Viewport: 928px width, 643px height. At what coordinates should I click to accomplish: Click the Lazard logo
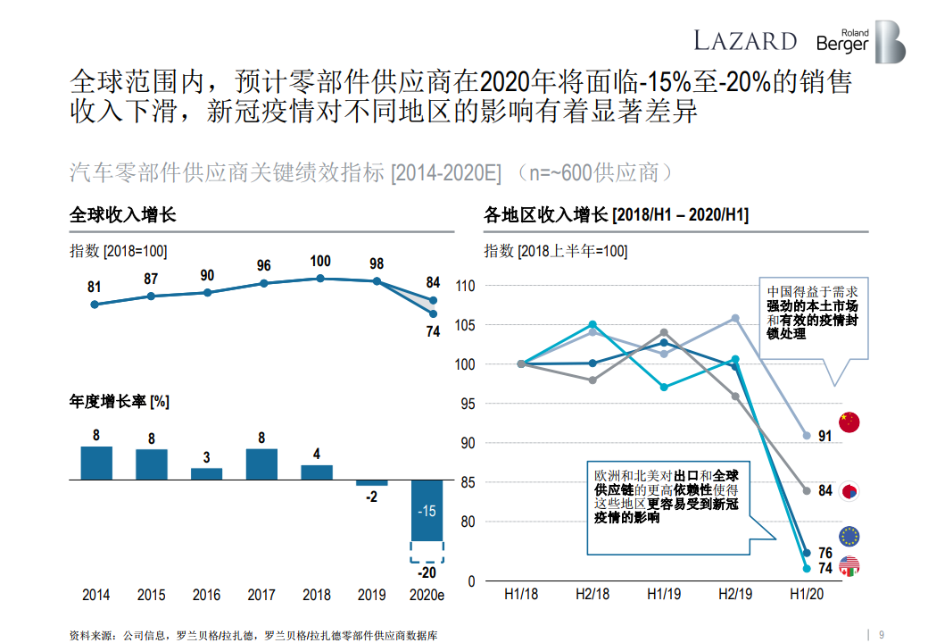[x=745, y=40]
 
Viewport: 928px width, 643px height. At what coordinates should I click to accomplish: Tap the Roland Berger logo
[x=861, y=42]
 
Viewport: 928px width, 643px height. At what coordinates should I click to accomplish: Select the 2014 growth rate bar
[x=96, y=463]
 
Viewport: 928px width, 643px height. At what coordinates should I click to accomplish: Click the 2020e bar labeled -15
[x=427, y=511]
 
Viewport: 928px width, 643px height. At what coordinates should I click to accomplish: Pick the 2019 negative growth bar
[x=372, y=483]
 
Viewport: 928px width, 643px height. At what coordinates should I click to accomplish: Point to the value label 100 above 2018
[x=320, y=262]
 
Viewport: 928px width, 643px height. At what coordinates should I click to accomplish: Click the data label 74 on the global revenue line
[x=433, y=331]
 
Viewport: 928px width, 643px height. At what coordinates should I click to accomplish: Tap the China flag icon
[x=849, y=422]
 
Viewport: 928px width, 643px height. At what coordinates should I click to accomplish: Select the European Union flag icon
[x=849, y=536]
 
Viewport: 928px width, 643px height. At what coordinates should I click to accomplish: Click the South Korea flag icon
[x=849, y=490]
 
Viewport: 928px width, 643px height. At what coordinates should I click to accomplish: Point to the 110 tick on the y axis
[x=466, y=286]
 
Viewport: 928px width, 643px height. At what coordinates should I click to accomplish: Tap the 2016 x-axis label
[x=206, y=595]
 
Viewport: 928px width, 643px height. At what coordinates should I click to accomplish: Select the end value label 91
[x=824, y=436]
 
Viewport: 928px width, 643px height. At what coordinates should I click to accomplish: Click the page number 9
[x=882, y=626]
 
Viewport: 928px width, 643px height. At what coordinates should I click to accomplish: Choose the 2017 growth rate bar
[x=261, y=463]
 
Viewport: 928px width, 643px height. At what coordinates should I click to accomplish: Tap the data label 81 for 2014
[x=95, y=287]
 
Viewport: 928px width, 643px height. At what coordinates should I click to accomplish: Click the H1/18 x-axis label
[x=521, y=594]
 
